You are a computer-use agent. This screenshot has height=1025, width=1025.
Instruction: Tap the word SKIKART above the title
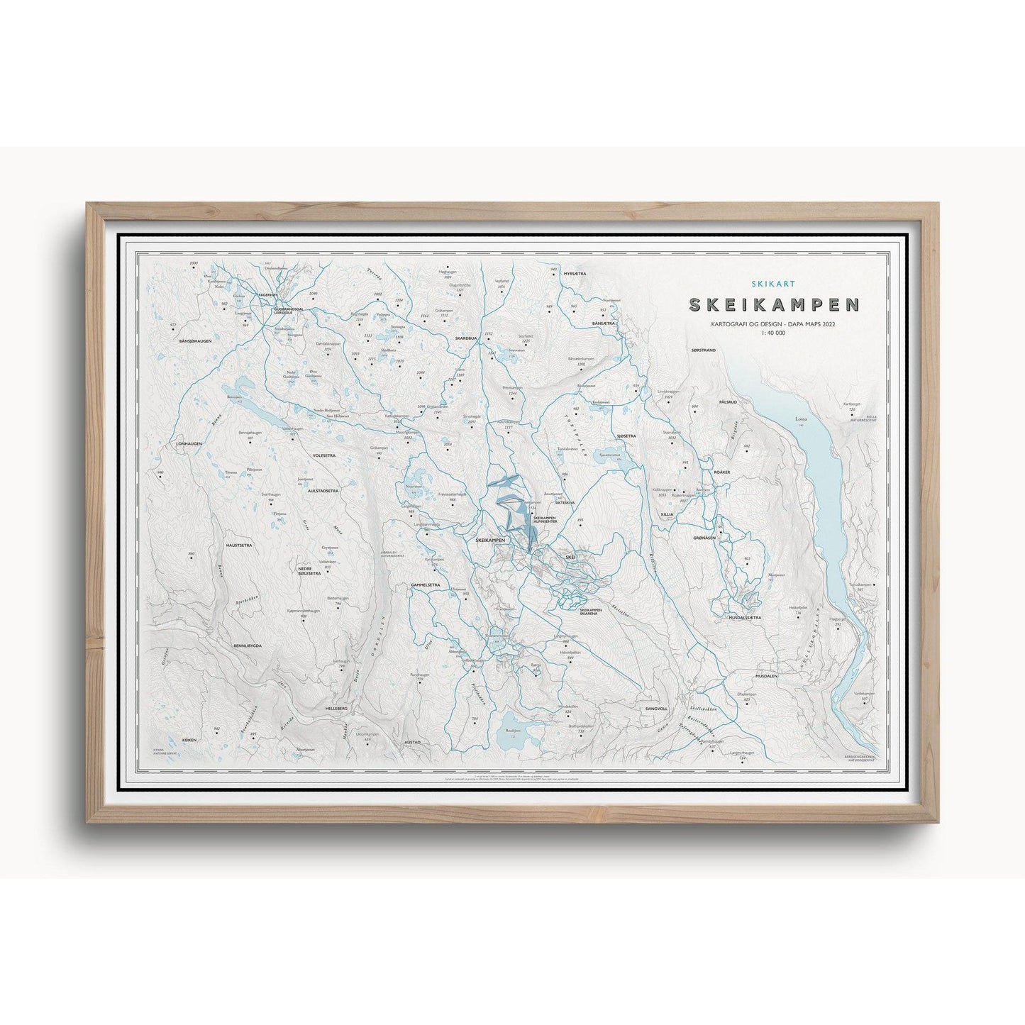[775, 282]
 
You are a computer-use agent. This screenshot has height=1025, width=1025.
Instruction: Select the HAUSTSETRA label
[239, 545]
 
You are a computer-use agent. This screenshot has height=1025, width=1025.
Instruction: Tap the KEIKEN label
[189, 740]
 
